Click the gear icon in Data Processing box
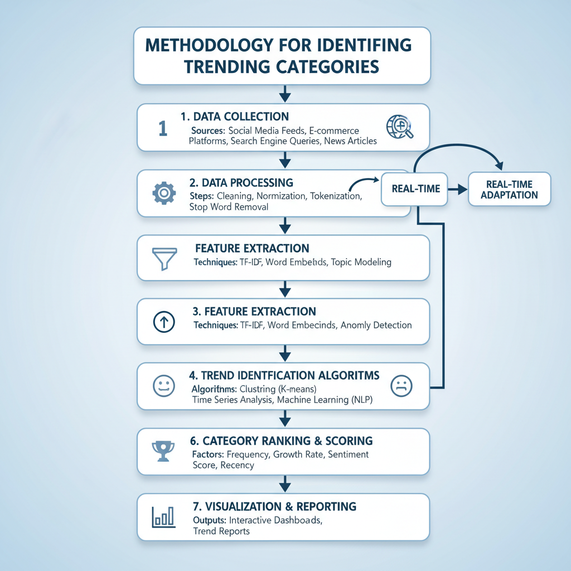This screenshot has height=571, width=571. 164,192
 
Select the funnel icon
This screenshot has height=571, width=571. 163,258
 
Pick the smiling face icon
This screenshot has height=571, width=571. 163,386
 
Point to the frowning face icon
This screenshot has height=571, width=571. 401,385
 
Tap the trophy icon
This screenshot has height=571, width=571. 163,451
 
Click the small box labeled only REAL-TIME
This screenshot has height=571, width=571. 415,188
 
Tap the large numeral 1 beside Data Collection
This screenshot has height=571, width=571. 162,128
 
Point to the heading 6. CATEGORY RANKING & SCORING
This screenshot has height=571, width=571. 280,441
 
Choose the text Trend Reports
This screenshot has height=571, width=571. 221,531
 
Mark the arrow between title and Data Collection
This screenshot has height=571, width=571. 284,94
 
